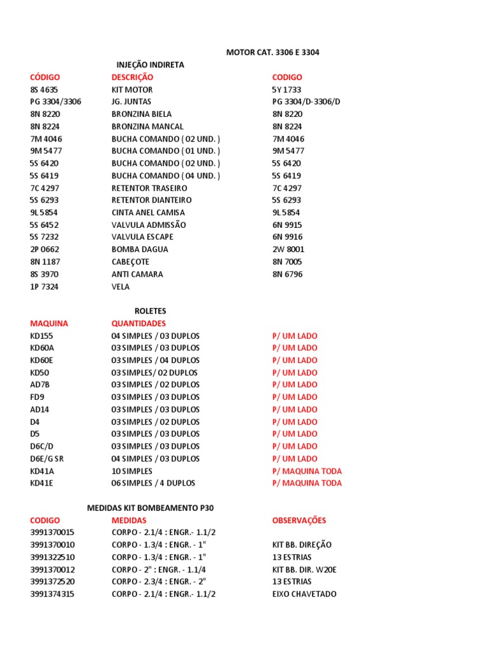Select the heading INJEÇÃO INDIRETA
[150, 65]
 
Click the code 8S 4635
[44, 90]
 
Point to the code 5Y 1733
[287, 90]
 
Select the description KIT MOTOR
[132, 90]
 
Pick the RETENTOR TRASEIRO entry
[149, 188]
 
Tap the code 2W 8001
[287, 249]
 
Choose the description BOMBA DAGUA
[140, 249]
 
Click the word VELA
[121, 286]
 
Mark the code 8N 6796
[287, 274]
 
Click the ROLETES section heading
[150, 311]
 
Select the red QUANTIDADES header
[139, 323]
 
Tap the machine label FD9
[38, 397]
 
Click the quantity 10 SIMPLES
[132, 471]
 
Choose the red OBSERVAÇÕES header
[299, 520]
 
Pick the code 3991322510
[52, 557]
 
